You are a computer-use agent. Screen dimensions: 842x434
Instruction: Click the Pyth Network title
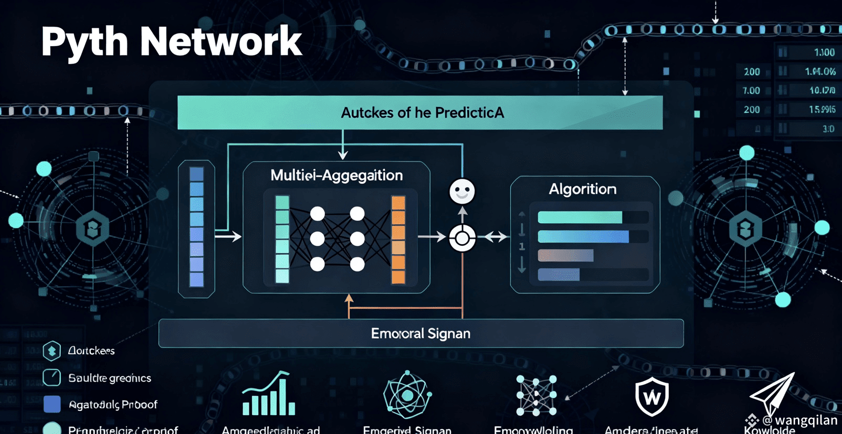(x=171, y=42)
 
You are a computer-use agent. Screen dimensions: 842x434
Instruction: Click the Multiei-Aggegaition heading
(x=336, y=176)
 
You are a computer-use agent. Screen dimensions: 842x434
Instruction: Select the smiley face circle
(x=462, y=191)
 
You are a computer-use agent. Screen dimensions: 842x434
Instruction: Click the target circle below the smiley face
(x=462, y=238)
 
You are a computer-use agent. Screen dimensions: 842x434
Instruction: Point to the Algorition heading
(x=582, y=189)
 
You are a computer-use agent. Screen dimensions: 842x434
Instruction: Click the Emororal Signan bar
(x=420, y=333)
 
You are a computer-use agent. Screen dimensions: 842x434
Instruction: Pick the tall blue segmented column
(x=196, y=227)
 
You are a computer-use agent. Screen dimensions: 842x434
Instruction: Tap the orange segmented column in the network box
(x=398, y=240)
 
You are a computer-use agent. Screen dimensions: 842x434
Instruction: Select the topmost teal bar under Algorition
(x=580, y=217)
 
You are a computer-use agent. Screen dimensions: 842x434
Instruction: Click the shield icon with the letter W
(x=652, y=397)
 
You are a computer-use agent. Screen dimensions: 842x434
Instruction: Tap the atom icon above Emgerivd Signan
(x=407, y=395)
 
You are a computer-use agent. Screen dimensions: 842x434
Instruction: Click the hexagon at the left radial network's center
(x=93, y=229)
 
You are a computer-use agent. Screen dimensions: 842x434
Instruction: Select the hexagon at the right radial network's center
(x=745, y=229)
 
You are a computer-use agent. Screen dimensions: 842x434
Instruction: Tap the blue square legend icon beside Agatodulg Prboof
(x=52, y=404)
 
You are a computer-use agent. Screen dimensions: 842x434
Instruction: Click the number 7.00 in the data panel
(x=751, y=91)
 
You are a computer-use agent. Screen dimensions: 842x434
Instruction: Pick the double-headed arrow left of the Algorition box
(x=496, y=237)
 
